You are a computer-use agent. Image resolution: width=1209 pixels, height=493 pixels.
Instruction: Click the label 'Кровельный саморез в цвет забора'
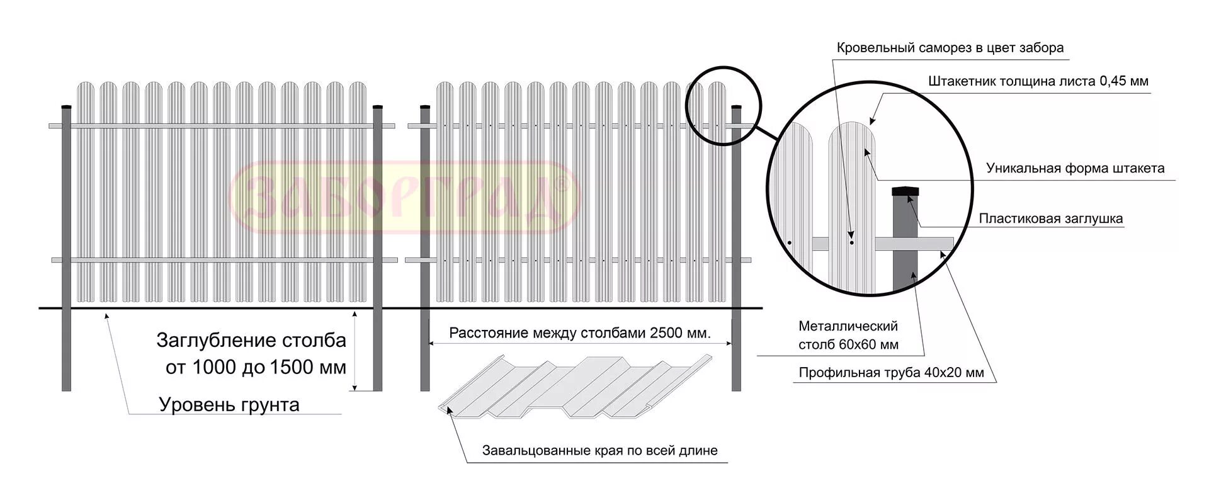pos(950,48)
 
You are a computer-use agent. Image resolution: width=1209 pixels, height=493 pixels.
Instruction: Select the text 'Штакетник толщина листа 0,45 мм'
pos(1038,81)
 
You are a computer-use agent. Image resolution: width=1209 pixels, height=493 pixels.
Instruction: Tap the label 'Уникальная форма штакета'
pos(1075,168)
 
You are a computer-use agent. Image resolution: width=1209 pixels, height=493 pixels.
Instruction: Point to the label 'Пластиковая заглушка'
pos(1050,218)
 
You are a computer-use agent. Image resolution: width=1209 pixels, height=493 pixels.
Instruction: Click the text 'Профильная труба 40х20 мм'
pos(891,373)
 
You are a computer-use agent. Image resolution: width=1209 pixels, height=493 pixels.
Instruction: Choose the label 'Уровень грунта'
pos(229,404)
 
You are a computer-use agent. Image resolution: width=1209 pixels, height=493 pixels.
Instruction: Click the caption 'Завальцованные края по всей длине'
pos(599,451)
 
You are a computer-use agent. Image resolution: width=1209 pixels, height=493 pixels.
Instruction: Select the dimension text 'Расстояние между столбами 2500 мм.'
pos(579,333)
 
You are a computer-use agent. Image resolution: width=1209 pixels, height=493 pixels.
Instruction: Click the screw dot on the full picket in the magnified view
pos(851,242)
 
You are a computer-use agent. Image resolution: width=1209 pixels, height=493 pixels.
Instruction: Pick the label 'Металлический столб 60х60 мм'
pos(848,335)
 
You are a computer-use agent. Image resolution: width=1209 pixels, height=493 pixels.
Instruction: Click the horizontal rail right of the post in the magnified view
pos(935,243)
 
